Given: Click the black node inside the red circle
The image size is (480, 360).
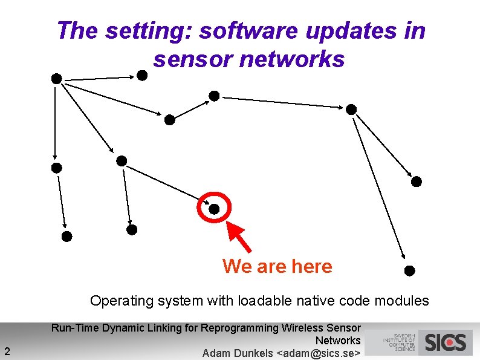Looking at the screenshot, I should pos(214,209).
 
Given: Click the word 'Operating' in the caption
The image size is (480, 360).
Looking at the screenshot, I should pos(116,301).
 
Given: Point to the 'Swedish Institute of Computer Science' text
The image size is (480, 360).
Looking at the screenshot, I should pos(399,342).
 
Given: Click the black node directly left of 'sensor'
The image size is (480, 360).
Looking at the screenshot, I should pos(141,75).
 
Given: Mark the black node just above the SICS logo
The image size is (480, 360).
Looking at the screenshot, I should pos(409,270).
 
